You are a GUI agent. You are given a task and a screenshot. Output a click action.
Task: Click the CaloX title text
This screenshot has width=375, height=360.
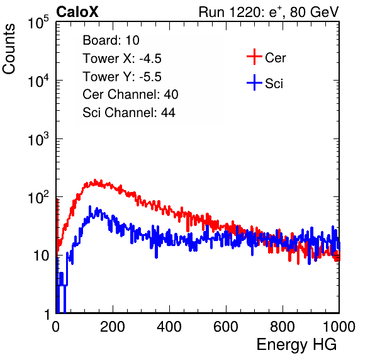coord(77,12)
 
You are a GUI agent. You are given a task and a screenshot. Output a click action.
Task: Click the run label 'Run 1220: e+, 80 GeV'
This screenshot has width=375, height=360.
coord(269,12)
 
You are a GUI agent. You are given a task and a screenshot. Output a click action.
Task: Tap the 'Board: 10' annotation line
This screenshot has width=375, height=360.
coord(111,40)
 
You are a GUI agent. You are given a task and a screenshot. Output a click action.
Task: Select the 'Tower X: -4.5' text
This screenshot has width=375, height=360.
coord(122,59)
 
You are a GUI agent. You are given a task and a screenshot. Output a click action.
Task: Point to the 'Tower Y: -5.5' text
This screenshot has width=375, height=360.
coord(122,77)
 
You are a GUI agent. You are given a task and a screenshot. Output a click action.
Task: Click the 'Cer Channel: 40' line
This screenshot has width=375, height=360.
coord(130,94)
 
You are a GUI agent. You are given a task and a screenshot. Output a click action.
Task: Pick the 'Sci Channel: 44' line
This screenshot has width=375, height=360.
coord(129,113)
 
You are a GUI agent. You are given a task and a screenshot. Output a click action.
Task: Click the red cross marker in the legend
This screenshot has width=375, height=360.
coord(254,57)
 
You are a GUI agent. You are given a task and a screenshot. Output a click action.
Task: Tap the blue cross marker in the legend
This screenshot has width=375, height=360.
coord(254,83)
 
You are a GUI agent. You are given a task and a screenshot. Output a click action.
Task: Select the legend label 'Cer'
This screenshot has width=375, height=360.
coord(276,58)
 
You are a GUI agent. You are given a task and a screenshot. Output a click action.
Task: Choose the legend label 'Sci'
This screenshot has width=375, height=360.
coord(274,84)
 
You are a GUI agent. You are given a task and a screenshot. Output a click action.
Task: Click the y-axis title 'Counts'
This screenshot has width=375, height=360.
coord(9,48)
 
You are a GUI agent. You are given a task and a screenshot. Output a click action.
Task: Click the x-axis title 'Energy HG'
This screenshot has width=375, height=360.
coord(296,345)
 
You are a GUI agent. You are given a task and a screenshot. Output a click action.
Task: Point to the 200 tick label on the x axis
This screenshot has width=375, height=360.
coord(113,327)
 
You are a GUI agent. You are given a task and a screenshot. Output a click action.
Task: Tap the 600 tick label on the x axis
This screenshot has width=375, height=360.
coord(226,327)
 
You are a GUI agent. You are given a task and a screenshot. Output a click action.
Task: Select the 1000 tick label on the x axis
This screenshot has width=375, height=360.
coord(339,327)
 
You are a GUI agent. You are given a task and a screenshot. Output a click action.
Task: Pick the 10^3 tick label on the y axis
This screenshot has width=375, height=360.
coord(38,139)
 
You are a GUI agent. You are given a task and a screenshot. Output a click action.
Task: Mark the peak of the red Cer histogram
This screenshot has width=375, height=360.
coord(95,180)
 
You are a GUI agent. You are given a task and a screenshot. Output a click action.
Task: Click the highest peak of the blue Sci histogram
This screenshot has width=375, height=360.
coord(90,206)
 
